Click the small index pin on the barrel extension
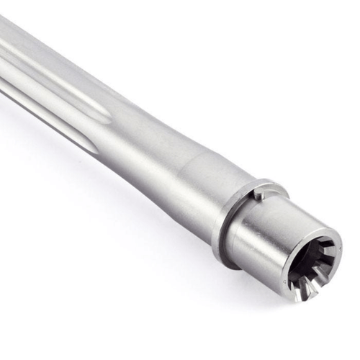[x=260, y=193]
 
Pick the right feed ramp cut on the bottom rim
[x=315, y=289]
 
